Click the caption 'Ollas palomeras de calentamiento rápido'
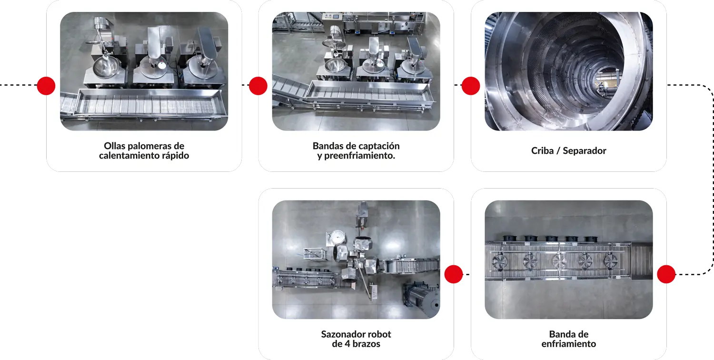(x=144, y=150)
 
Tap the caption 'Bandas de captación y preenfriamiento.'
(x=356, y=150)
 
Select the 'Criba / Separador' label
(x=569, y=150)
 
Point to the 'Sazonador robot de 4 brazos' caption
(x=356, y=339)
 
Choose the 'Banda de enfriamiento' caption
(x=569, y=339)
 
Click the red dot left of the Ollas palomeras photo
(x=46, y=86)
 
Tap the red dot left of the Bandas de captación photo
(x=258, y=86)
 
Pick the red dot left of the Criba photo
(x=471, y=86)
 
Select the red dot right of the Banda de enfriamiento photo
(x=666, y=274)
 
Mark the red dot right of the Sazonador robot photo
(x=454, y=274)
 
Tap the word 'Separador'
(x=585, y=150)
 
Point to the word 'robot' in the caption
(x=379, y=334)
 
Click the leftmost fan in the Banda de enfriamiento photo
(x=499, y=262)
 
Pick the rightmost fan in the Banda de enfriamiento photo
(x=610, y=260)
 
